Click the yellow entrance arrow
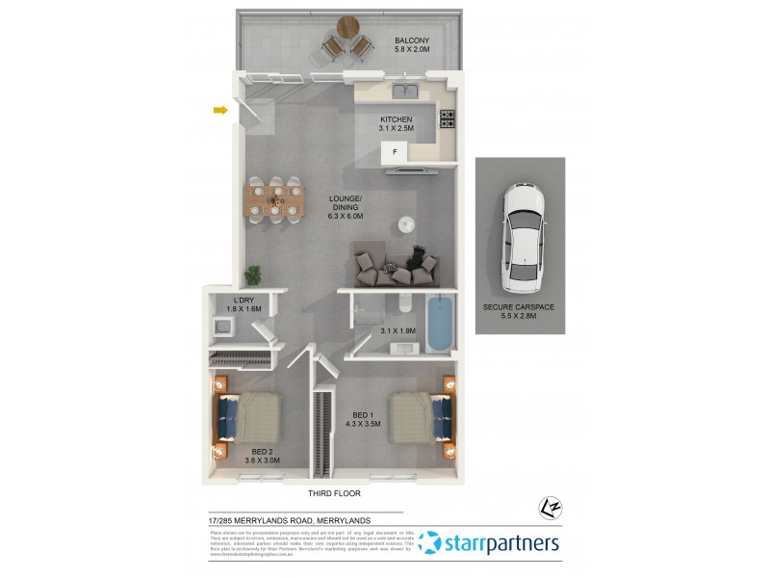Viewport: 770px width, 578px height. click(x=220, y=111)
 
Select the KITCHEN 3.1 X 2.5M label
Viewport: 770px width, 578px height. click(x=396, y=125)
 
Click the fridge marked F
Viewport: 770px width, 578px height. click(x=393, y=152)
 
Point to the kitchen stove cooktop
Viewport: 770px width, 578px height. click(x=449, y=119)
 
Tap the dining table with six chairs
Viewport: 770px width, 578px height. click(x=273, y=200)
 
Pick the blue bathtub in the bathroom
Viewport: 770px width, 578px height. click(x=438, y=325)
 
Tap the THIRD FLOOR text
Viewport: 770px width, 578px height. click(x=334, y=493)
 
